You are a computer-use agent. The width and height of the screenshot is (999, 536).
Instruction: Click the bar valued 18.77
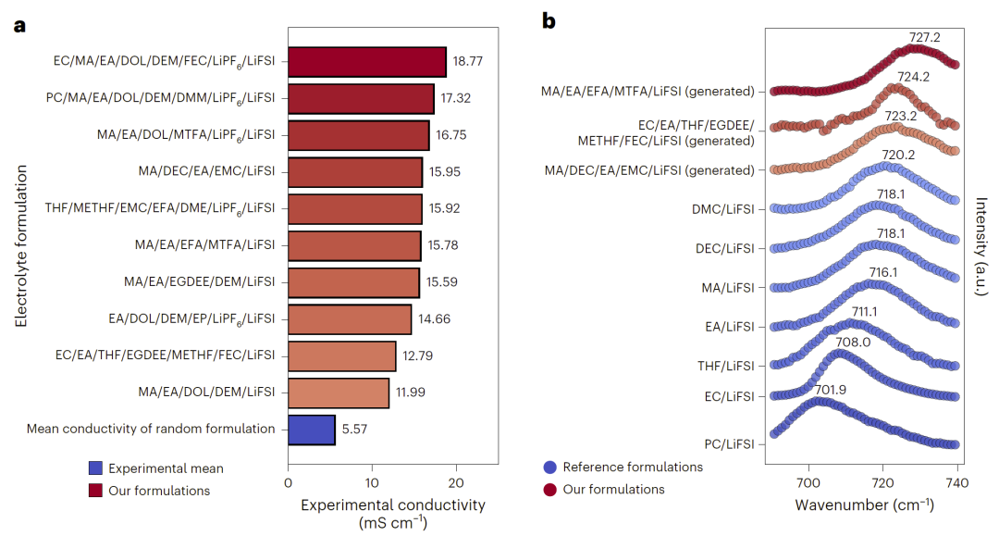[x=367, y=63]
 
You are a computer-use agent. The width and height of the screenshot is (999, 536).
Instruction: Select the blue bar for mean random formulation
[x=312, y=430]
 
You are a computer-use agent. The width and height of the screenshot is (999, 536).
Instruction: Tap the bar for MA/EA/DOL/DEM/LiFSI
[x=339, y=393]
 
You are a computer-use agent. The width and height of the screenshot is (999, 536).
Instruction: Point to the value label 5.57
[x=354, y=430]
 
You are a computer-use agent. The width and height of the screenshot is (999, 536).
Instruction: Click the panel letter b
[x=549, y=20]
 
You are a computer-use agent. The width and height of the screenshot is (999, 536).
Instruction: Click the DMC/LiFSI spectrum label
[x=725, y=209]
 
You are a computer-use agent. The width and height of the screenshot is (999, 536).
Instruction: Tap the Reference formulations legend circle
[x=551, y=467]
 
